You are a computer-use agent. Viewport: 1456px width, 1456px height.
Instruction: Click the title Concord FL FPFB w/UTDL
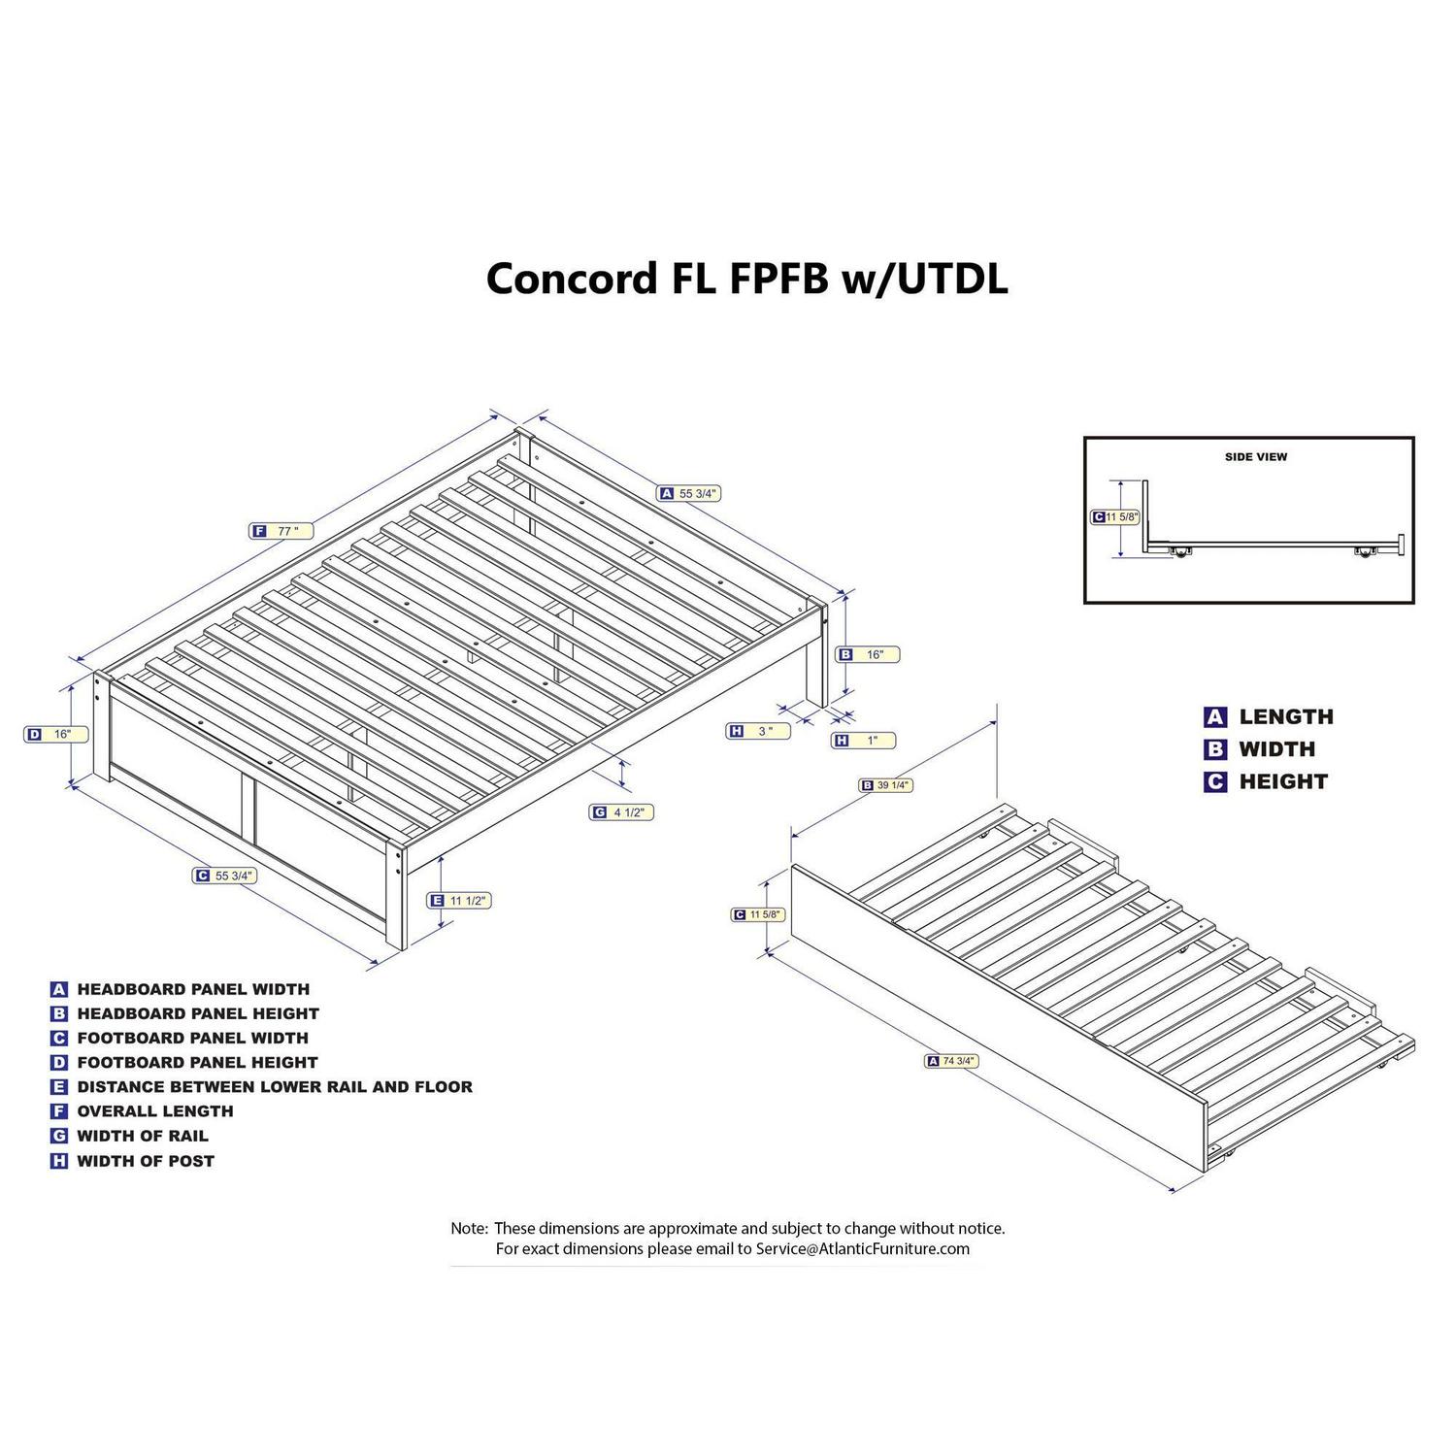pos(746,279)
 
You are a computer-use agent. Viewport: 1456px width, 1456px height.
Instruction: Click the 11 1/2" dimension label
pos(460,901)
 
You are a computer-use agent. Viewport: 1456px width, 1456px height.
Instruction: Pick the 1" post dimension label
pos(864,741)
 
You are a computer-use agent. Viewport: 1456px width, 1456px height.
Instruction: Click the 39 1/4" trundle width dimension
pos(885,785)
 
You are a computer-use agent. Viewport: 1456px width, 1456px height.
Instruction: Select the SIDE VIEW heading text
pos(1255,456)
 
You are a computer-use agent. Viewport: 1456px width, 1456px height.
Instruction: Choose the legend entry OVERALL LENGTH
pos(155,1111)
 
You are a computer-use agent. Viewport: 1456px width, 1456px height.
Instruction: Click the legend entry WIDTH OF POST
pos(146,1161)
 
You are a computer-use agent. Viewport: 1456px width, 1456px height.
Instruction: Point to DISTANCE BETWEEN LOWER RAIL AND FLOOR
pos(275,1087)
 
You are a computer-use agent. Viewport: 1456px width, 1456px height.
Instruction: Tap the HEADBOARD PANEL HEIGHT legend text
pos(198,1013)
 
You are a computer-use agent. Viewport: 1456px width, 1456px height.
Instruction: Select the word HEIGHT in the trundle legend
pos(1283,781)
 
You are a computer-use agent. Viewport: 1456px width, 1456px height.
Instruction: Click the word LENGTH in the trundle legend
pos(1286,717)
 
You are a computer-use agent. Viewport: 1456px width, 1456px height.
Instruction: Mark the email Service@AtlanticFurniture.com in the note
pos(863,1249)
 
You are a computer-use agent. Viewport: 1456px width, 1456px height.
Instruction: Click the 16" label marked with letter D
pos(50,735)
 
